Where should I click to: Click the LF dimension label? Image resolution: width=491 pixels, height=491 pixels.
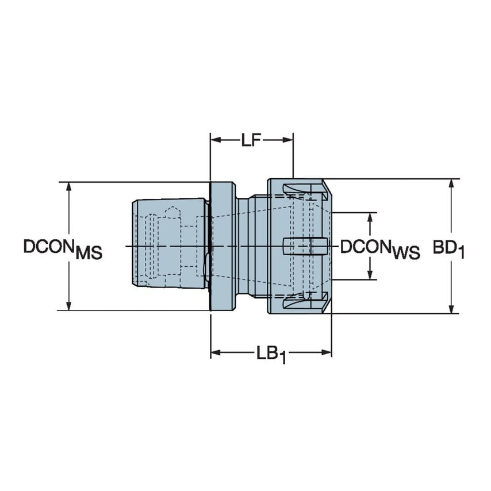tap(251, 140)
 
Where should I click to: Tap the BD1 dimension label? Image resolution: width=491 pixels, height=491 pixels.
tap(448, 248)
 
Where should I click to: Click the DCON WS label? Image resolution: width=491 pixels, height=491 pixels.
tap(379, 248)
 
